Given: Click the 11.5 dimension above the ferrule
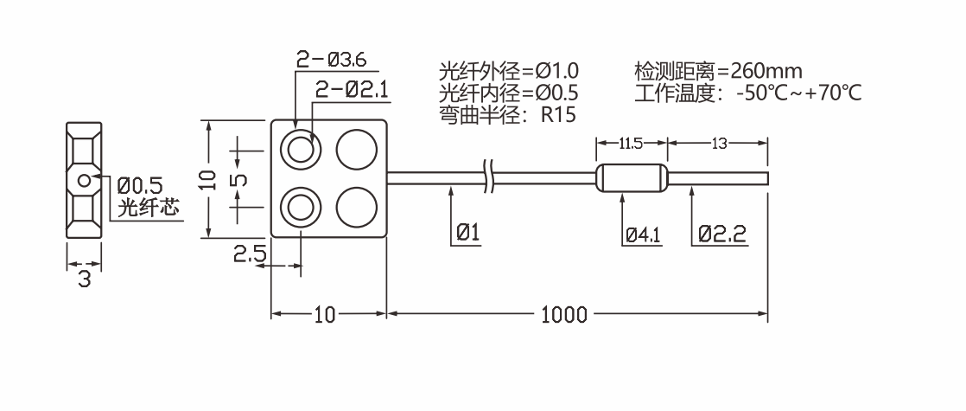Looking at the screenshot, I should (x=632, y=142).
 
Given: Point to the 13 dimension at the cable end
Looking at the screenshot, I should (x=719, y=142).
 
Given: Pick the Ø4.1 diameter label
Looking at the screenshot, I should (x=642, y=234).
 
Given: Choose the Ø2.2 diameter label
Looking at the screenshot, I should (x=719, y=234).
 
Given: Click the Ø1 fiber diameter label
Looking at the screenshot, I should (x=467, y=233).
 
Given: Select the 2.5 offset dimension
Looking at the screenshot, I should (x=251, y=256).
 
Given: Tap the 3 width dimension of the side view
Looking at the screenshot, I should (x=84, y=279).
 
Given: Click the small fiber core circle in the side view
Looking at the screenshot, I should (x=83, y=181).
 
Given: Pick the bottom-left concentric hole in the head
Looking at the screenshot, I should (x=302, y=208).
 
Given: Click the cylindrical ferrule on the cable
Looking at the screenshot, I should (x=632, y=179).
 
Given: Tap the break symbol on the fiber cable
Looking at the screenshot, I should (x=490, y=177).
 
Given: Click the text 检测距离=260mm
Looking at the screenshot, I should (x=717, y=70).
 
